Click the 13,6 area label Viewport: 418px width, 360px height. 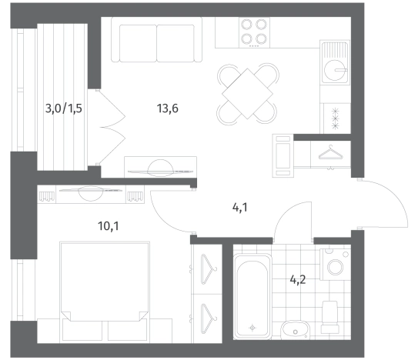click(167, 108)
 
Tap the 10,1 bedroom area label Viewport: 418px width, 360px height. click(109, 226)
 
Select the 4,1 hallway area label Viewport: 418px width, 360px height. click(240, 208)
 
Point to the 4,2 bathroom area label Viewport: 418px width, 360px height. click(297, 280)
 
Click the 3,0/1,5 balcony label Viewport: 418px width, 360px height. click(63, 108)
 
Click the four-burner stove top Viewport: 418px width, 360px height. click(254, 32)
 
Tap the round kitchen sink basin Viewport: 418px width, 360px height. click(335, 70)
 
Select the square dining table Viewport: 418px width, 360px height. click(247, 94)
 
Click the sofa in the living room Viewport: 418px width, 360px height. click(156, 40)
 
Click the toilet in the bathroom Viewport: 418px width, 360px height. click(329, 317)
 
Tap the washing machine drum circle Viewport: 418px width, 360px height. click(336, 267)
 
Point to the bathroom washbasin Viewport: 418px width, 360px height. click(295, 330)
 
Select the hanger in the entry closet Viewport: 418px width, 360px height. click(330, 152)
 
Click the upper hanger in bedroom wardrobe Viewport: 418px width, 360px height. click(209, 269)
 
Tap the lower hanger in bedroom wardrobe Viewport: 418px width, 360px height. click(209, 318)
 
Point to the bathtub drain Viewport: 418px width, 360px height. click(252, 328)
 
